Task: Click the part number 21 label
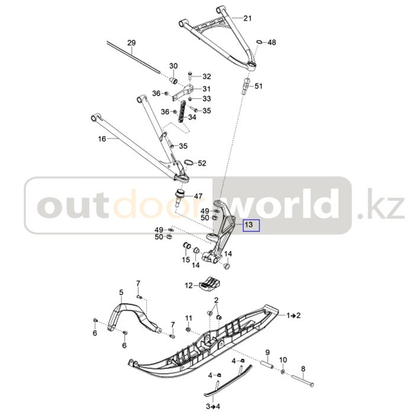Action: pyautogui.click(x=247, y=18)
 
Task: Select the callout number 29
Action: pyautogui.click(x=131, y=43)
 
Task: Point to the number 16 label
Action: pyautogui.click(x=102, y=139)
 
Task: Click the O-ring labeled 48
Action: pyautogui.click(x=260, y=43)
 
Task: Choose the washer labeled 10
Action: pyautogui.click(x=283, y=371)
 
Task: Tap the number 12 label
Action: pyautogui.click(x=189, y=286)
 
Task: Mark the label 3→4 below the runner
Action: pyautogui.click(x=212, y=406)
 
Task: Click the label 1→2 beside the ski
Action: pyautogui.click(x=294, y=315)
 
